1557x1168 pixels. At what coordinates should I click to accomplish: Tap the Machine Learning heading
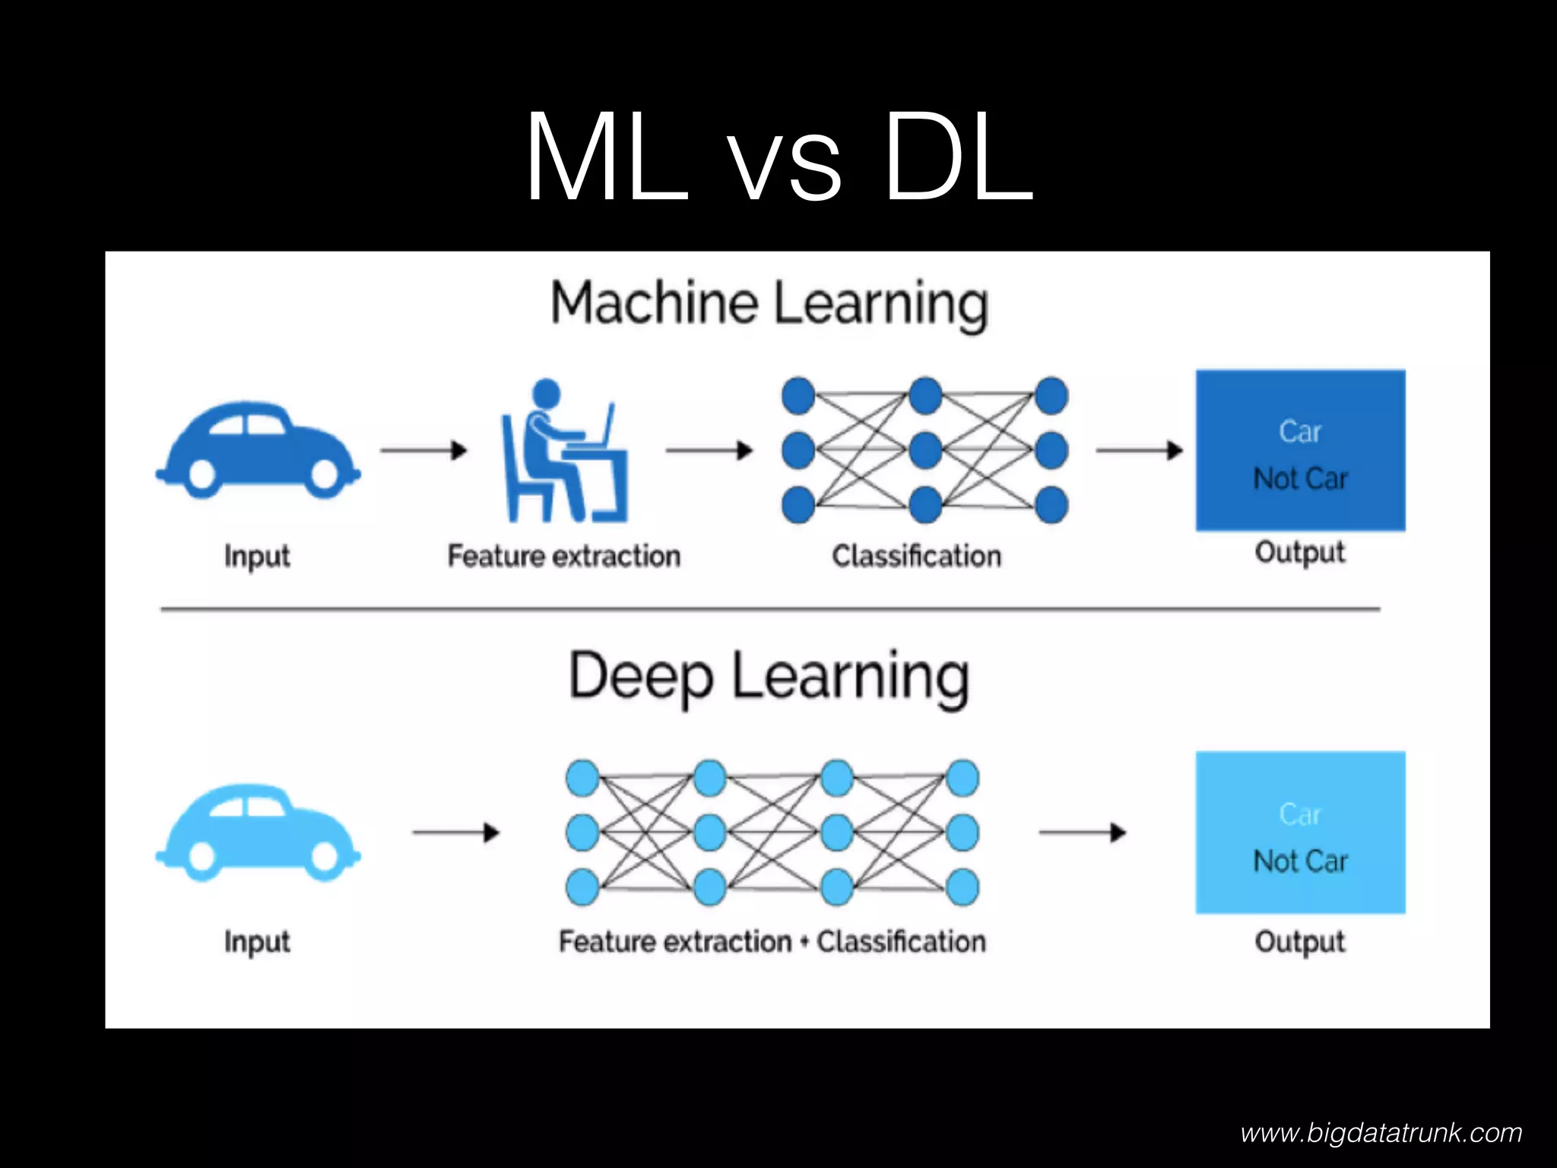point(769,304)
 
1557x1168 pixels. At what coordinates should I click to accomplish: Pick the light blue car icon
point(258,833)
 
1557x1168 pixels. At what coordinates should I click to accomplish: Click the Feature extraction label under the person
point(563,556)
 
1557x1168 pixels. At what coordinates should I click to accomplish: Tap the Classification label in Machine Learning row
point(916,556)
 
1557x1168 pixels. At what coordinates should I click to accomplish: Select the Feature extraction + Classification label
point(772,941)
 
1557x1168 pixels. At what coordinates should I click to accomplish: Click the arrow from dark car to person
point(423,450)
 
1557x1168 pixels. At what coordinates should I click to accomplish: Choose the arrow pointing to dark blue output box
point(1139,450)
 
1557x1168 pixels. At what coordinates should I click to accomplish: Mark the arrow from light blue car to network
point(455,833)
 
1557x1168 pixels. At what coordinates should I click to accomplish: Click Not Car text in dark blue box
point(1300,479)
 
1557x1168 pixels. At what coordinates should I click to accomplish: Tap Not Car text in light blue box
point(1300,862)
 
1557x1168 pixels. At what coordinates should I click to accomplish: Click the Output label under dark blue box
point(1300,552)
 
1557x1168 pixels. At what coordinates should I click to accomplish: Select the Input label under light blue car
point(257,941)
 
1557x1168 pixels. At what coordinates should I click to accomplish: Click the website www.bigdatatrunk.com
point(1381,1133)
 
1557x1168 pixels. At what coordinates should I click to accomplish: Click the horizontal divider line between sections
point(769,609)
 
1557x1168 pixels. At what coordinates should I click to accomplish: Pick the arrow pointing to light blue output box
point(1082,833)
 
